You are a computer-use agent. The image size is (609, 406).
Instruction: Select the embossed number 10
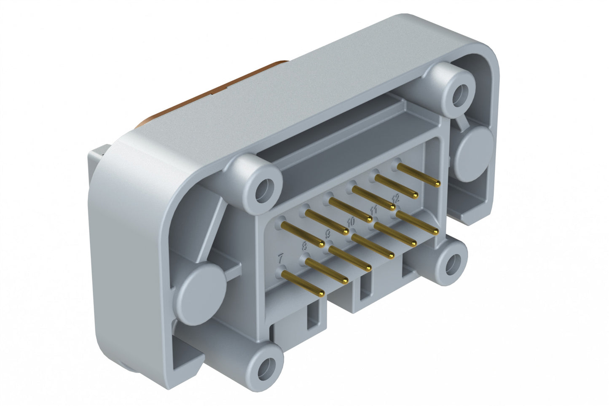(351, 221)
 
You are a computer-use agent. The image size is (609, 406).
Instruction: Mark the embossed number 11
(373, 209)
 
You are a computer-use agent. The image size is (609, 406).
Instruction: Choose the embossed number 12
(395, 197)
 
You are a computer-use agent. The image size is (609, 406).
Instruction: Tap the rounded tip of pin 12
(436, 231)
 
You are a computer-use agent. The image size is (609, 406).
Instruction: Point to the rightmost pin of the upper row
(418, 175)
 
